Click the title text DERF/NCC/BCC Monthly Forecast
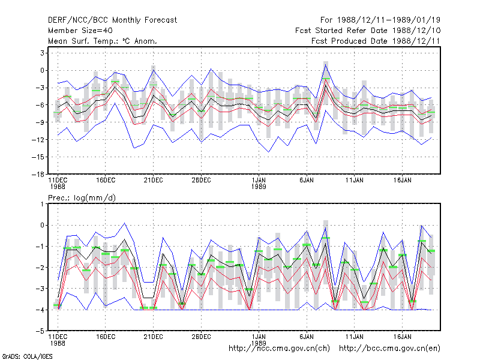coord(112,20)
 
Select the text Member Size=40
coord(80,31)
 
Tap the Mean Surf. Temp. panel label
coord(102,41)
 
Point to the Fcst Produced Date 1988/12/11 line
coord(376,41)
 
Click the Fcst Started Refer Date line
coord(368,31)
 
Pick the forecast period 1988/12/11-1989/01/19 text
coord(380,20)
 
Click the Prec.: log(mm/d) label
coord(82,198)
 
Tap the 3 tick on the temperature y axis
coord(42,53)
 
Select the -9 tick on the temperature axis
coord(40,122)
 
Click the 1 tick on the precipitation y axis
coord(42,204)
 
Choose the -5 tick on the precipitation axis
coord(40,331)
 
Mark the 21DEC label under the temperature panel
coord(154,181)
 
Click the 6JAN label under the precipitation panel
coord(307,337)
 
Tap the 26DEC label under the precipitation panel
coord(201,337)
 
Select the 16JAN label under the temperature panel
coord(402,181)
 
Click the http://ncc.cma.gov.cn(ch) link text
coord(279,349)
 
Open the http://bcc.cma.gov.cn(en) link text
coord(389,349)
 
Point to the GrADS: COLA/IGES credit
coord(27,356)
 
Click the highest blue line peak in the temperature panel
coord(326,65)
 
